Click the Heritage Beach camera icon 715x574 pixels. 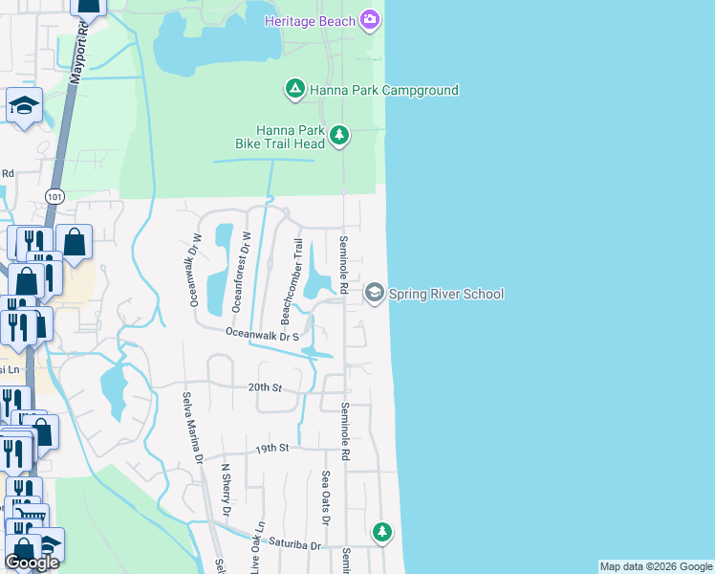click(370, 20)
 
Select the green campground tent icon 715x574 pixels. click(295, 90)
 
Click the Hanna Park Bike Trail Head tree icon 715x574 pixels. click(339, 137)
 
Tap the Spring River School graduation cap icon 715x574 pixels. click(374, 293)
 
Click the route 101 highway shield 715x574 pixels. click(54, 196)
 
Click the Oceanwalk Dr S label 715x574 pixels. click(263, 335)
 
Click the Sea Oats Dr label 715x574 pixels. click(326, 497)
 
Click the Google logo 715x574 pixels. click(32, 563)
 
